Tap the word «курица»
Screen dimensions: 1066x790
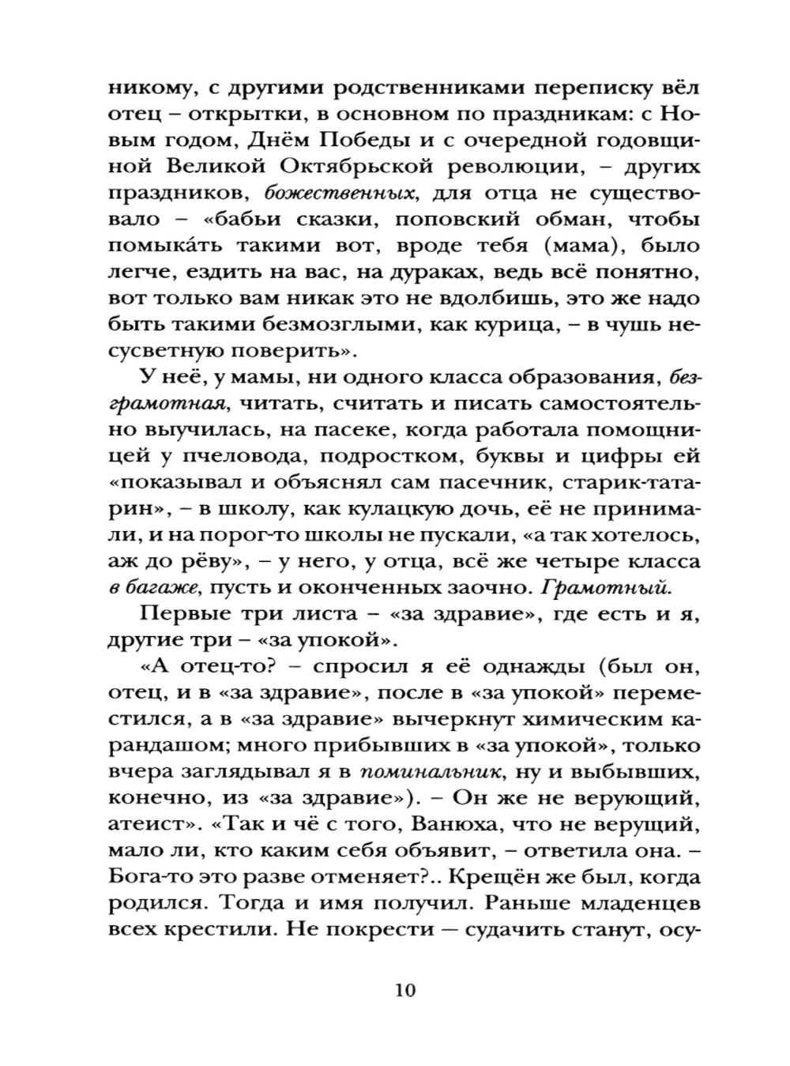point(531,324)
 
